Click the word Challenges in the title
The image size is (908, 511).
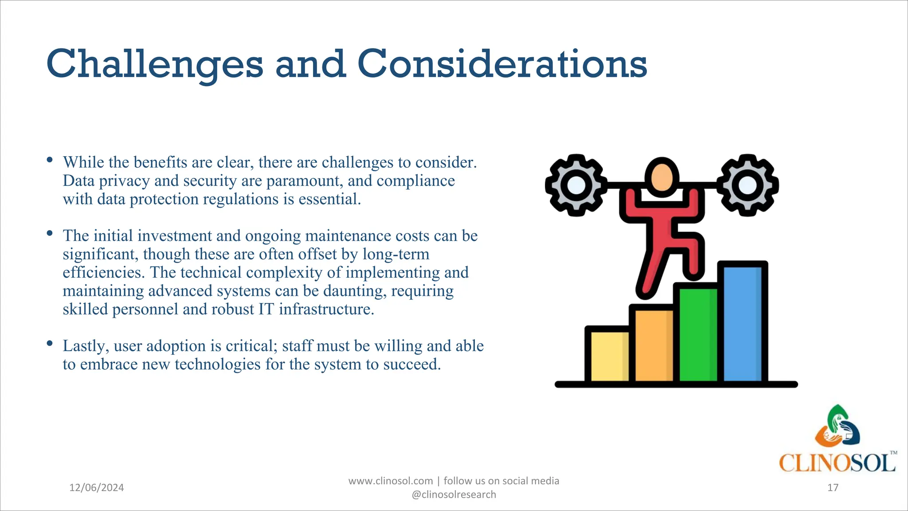pyautogui.click(x=154, y=64)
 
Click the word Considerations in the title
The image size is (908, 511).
pyautogui.click(x=502, y=64)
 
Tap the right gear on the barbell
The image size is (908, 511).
pyautogui.click(x=748, y=185)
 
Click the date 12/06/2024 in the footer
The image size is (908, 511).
pyautogui.click(x=97, y=488)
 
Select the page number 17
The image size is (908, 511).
pyautogui.click(x=833, y=488)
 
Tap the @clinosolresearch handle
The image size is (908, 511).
pyautogui.click(x=454, y=495)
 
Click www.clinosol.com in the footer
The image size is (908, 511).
pyautogui.click(x=390, y=481)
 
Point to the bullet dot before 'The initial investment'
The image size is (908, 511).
pyautogui.click(x=50, y=233)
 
